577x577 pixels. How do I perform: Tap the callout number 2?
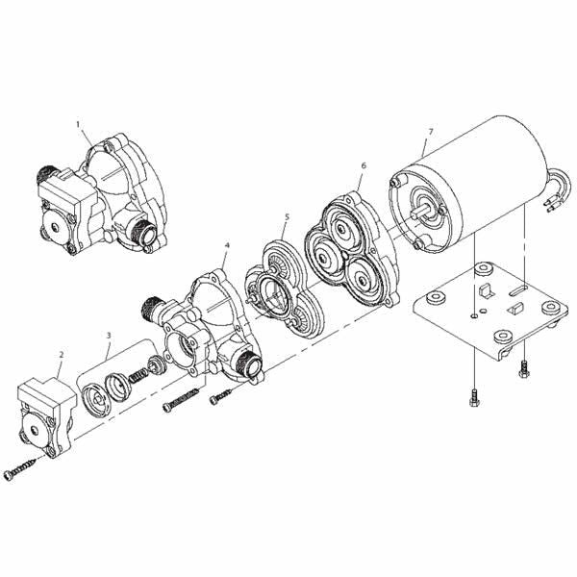point(61,355)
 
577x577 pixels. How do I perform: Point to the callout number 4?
point(226,246)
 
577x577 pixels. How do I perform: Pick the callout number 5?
point(286,217)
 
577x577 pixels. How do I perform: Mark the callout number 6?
point(363,165)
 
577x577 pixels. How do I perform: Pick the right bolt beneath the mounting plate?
point(524,368)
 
